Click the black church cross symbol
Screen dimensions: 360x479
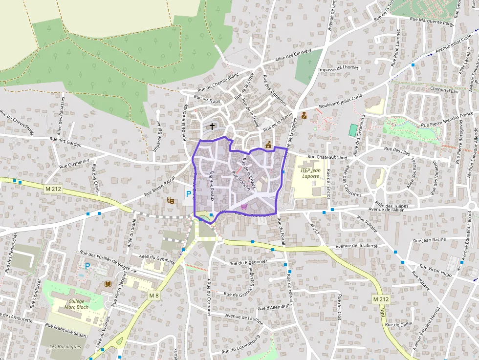coord(212,127)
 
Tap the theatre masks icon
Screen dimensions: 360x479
coord(171,200)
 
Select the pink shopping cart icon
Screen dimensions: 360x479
coord(244,207)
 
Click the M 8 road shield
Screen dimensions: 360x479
coord(154,295)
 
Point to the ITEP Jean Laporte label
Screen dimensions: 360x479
coord(310,173)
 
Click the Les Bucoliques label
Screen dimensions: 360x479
coord(65,346)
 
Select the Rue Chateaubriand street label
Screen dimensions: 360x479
coord(327,157)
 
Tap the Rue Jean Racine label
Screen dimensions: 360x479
coord(430,240)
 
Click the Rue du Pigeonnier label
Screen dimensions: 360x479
coord(249,262)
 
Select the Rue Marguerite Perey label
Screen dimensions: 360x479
coord(432,21)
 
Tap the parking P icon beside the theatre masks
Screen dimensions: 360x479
coord(188,194)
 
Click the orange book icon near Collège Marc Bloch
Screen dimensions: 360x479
coord(108,284)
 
